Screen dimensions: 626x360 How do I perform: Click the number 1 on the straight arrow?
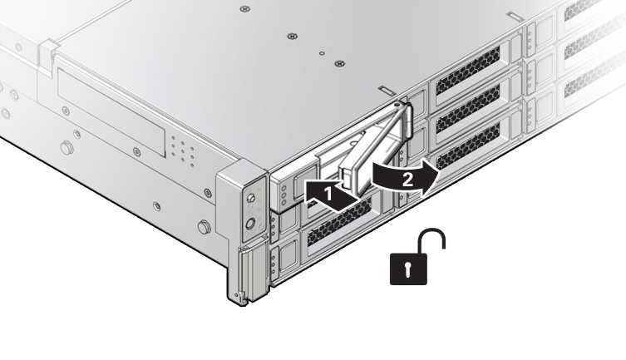click(x=328, y=195)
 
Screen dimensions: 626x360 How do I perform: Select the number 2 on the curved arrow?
click(x=407, y=180)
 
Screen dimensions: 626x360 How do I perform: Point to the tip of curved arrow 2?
click(x=439, y=171)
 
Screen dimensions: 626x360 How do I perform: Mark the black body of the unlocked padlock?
click(x=408, y=269)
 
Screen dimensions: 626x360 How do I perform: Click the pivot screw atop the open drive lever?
click(x=396, y=105)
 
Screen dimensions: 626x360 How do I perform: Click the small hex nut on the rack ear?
click(x=251, y=198)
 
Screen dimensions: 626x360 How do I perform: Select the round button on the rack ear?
click(x=250, y=224)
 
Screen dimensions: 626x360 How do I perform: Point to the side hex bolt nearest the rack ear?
click(x=204, y=227)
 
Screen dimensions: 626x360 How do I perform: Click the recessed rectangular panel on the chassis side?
click(x=111, y=111)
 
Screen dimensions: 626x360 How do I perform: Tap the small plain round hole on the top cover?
click(x=322, y=53)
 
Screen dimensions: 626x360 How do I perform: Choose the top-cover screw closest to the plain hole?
click(x=339, y=63)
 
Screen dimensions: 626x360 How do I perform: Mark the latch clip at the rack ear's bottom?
click(x=240, y=296)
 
